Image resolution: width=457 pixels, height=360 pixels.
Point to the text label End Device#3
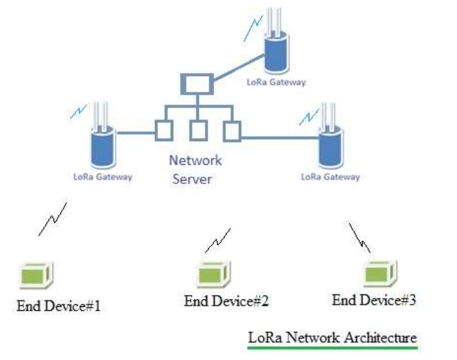pyautogui.click(x=374, y=300)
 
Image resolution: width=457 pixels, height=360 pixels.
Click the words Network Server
pyautogui.click(x=195, y=169)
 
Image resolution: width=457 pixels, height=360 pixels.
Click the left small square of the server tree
pyautogui.click(x=163, y=130)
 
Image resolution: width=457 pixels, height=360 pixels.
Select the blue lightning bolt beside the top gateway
pyautogui.click(x=252, y=30)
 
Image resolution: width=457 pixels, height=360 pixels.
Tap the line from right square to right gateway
pyautogui.click(x=279, y=137)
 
